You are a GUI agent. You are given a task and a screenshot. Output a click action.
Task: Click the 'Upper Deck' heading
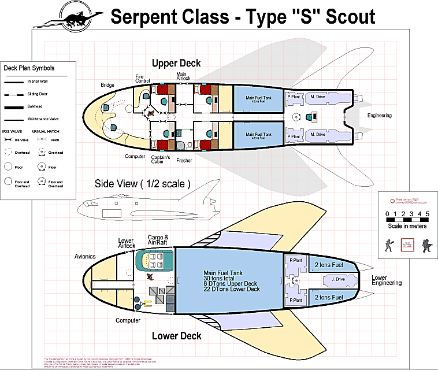point(176,63)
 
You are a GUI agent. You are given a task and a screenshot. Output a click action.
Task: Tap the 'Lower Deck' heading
point(176,336)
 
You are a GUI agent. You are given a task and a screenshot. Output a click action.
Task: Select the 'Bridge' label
point(107,85)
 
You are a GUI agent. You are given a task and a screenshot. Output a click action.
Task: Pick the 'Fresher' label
point(184,160)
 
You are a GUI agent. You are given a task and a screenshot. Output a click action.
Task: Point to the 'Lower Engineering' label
point(387,280)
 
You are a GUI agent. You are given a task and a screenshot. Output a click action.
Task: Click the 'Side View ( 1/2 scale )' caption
point(142,184)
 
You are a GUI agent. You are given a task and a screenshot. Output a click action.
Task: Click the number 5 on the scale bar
point(427,214)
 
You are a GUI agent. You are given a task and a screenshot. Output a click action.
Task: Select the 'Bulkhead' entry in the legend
point(35,106)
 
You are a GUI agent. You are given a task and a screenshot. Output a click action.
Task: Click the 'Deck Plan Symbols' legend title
point(37,68)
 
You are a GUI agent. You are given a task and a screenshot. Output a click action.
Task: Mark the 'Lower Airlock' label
point(126,243)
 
